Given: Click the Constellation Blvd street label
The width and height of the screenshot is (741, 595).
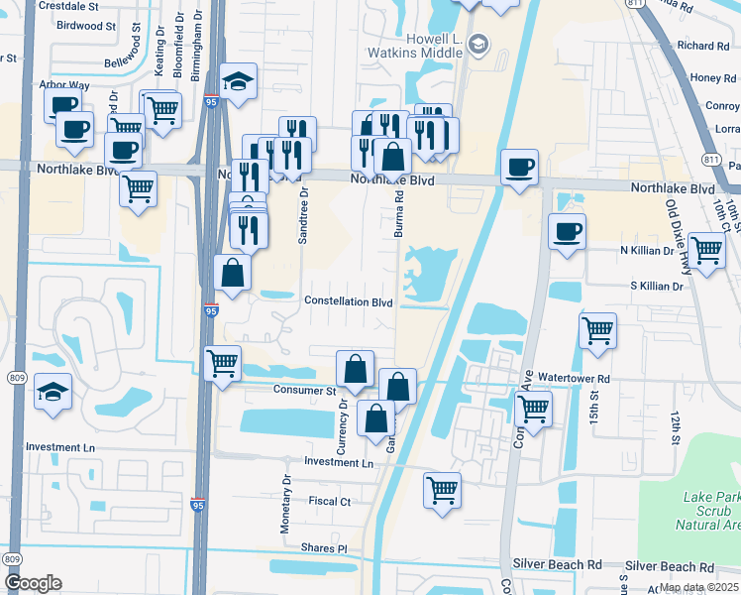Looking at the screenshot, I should (x=349, y=301).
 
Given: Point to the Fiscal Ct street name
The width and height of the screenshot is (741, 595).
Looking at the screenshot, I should (x=330, y=502).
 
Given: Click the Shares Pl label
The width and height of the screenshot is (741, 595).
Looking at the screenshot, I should (x=327, y=548).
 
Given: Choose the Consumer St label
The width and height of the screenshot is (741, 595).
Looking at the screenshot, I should (x=306, y=391).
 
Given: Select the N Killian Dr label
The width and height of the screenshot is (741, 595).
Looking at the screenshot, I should (x=646, y=252).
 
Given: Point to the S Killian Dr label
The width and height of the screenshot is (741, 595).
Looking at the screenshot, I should (x=650, y=286).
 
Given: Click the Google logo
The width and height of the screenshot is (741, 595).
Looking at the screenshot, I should (x=32, y=582).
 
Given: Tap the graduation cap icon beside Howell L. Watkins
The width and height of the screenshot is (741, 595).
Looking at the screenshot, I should (x=479, y=43).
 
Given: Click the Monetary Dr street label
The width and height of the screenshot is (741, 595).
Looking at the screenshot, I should (x=287, y=504).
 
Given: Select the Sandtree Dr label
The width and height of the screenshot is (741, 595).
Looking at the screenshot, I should (x=304, y=216).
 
